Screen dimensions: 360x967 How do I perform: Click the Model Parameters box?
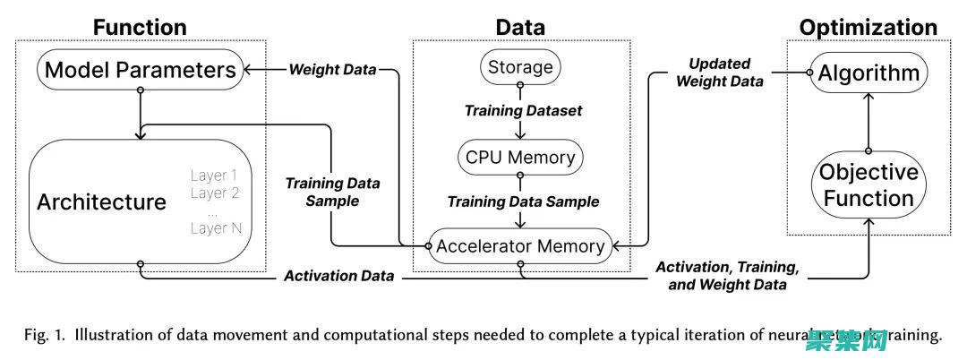click(x=139, y=69)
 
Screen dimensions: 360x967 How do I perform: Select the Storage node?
click(x=520, y=67)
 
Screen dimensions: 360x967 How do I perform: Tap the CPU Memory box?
click(x=520, y=157)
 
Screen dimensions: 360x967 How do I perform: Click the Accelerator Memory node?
click(x=520, y=245)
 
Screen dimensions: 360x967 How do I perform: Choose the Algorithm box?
click(x=868, y=73)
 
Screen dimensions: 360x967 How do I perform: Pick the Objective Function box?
click(x=868, y=184)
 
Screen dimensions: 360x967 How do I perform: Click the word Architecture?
click(x=101, y=201)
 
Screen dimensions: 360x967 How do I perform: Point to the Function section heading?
click(x=140, y=27)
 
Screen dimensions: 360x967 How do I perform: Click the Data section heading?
click(x=520, y=27)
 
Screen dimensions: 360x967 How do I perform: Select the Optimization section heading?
click(x=868, y=27)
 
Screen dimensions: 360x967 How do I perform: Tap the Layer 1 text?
click(x=215, y=175)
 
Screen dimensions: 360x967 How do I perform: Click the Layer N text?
click(x=216, y=228)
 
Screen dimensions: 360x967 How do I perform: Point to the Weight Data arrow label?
click(x=332, y=69)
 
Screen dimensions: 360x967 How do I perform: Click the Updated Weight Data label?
click(x=719, y=73)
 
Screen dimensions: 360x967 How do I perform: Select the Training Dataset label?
click(x=523, y=111)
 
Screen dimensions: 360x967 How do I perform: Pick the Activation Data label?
click(x=338, y=276)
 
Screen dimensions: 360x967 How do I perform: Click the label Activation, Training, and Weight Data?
click(x=726, y=276)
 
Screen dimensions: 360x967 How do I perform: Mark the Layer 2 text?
click(x=215, y=193)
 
